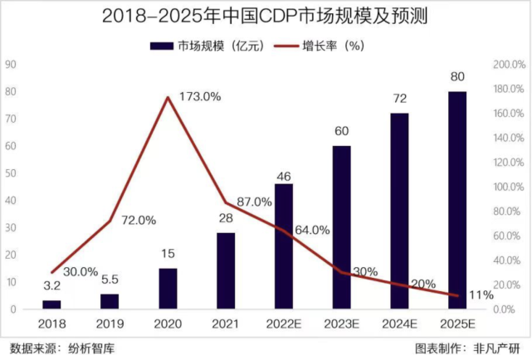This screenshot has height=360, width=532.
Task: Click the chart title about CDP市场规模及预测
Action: point(266,17)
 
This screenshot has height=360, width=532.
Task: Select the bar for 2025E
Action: point(457,199)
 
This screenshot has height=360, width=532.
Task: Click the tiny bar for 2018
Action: point(51,304)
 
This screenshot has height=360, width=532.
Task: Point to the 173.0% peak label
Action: point(200,96)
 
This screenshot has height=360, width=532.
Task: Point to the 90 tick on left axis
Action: point(10,64)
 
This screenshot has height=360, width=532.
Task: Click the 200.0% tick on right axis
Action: point(508,64)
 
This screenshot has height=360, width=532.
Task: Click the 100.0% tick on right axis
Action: point(508,187)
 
